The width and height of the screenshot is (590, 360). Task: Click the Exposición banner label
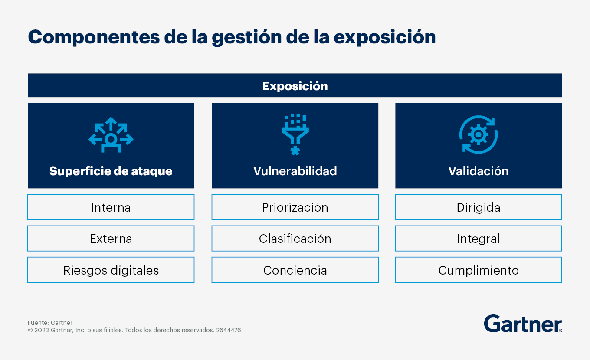pyautogui.click(x=295, y=86)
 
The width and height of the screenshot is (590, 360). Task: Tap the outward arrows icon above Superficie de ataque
pyautogui.click(x=111, y=134)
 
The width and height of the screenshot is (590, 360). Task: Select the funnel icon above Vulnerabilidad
pyautogui.click(x=295, y=134)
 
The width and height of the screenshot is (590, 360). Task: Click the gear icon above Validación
pyautogui.click(x=479, y=134)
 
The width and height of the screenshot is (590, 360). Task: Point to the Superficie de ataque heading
pyautogui.click(x=111, y=171)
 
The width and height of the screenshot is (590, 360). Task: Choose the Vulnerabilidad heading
pyautogui.click(x=295, y=171)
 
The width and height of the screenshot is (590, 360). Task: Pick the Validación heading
pyautogui.click(x=479, y=171)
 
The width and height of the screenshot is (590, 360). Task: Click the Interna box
pyautogui.click(x=111, y=207)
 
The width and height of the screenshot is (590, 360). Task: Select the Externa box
pyautogui.click(x=111, y=238)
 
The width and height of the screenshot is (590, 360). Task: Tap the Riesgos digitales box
pyautogui.click(x=111, y=270)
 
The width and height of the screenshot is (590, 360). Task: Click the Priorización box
pyautogui.click(x=295, y=207)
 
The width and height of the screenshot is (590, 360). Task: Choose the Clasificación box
pyautogui.click(x=295, y=238)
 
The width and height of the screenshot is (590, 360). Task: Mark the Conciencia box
pyautogui.click(x=295, y=270)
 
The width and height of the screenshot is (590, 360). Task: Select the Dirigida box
pyautogui.click(x=479, y=207)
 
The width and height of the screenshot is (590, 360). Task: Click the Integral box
pyautogui.click(x=479, y=238)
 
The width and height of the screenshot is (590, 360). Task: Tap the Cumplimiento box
pyautogui.click(x=479, y=270)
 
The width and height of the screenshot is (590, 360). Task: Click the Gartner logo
pyautogui.click(x=523, y=324)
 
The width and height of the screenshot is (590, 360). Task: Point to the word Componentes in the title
pyautogui.click(x=94, y=37)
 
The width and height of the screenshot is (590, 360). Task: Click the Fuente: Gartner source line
pyautogui.click(x=50, y=323)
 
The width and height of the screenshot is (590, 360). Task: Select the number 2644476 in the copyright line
pyautogui.click(x=228, y=330)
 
